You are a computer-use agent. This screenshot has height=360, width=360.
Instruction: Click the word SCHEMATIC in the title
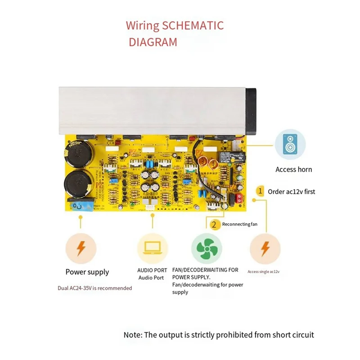coord(193,25)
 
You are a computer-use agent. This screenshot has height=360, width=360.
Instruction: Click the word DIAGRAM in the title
coord(153,42)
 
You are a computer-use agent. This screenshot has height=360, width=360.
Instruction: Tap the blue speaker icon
coord(290,144)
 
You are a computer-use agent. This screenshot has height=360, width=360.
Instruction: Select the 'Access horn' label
coord(293,170)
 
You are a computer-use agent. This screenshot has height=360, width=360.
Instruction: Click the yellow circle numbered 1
coord(260,191)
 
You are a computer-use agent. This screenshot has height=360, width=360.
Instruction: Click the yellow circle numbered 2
coord(215,224)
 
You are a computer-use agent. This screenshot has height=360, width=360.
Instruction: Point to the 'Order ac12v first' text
coord(292,191)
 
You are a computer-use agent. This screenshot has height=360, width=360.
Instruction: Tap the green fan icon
coord(207,248)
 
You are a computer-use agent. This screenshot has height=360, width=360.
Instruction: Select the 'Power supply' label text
coord(87,272)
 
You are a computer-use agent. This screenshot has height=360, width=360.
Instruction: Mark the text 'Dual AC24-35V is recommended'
coord(94,288)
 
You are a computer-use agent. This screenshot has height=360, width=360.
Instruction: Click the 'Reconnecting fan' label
coord(240,224)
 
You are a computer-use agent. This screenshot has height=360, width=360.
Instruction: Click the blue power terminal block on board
coord(81,206)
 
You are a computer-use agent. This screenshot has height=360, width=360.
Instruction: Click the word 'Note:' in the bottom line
coord(133,335)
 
